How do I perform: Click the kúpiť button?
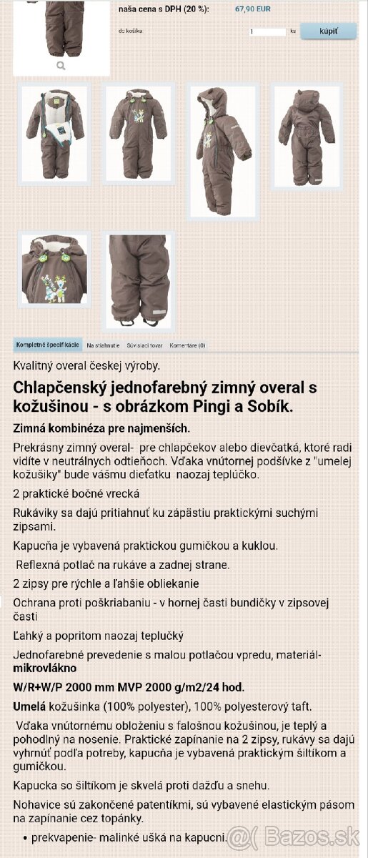point(328,31)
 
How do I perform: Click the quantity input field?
point(267,32)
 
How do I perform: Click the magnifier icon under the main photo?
point(61,65)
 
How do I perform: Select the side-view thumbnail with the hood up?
point(222,150)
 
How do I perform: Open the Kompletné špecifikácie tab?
point(47,345)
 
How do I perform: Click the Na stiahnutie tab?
point(103,345)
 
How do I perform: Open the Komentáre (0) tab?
point(187,345)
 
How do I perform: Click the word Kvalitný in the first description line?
point(35,365)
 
